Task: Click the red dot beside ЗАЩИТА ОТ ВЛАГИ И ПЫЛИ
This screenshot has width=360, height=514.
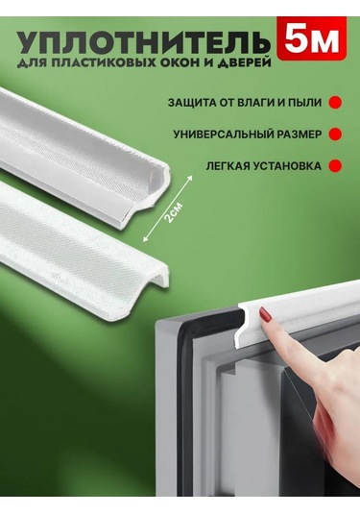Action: (335, 101)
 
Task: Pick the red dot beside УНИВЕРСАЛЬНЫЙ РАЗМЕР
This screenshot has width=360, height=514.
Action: (335, 134)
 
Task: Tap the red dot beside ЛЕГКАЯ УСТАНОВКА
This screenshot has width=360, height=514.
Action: (335, 165)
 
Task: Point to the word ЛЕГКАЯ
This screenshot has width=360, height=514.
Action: (227, 165)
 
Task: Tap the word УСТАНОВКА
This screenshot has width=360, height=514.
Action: (286, 165)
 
